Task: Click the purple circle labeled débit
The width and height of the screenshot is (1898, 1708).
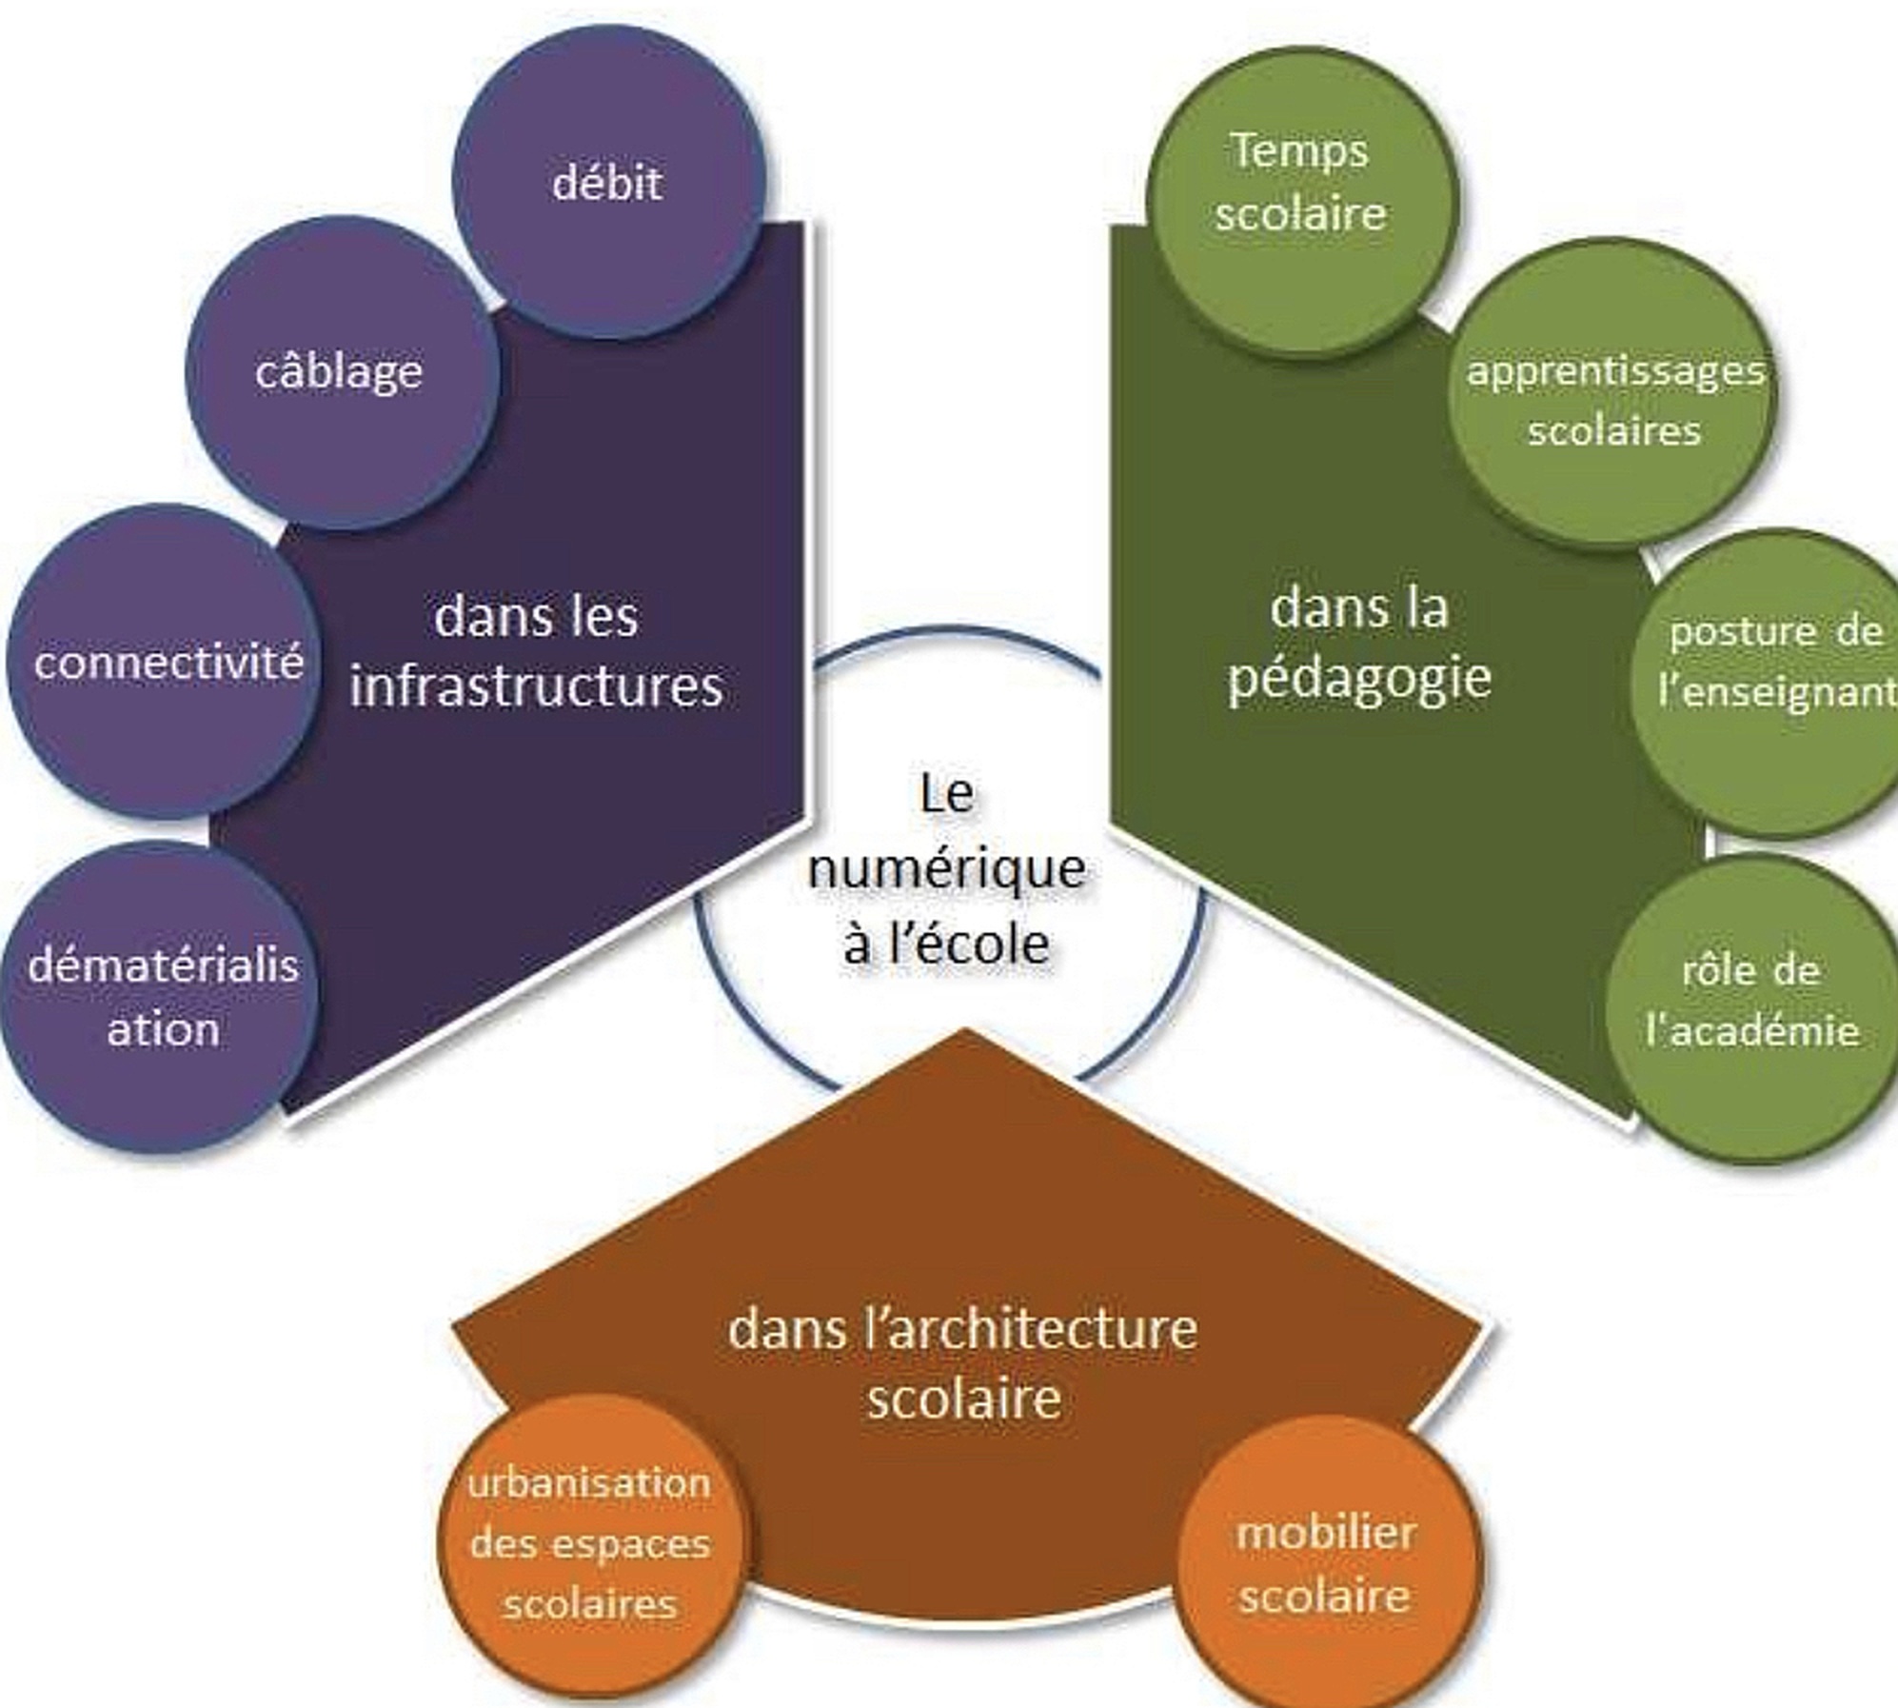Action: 607,181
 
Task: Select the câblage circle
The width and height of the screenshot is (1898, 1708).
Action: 340,371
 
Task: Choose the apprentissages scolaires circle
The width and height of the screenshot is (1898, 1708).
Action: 1614,400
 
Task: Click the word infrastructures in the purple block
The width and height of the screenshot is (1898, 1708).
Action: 537,685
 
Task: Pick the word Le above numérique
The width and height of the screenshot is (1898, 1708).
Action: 947,793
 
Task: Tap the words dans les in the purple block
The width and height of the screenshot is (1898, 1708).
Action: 536,616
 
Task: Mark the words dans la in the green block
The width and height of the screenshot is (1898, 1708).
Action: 1359,607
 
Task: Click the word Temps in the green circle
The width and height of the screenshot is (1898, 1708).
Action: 1300,150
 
